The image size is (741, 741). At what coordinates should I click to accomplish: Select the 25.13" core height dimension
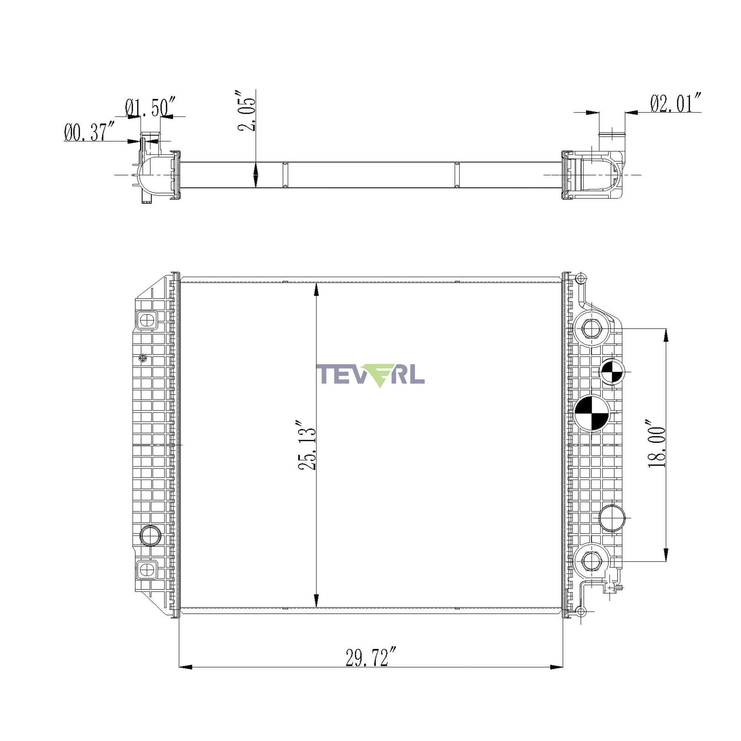coord(307,445)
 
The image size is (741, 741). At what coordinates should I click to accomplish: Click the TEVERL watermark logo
coord(370,375)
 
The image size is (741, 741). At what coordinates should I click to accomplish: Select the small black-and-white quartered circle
coord(612,371)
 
